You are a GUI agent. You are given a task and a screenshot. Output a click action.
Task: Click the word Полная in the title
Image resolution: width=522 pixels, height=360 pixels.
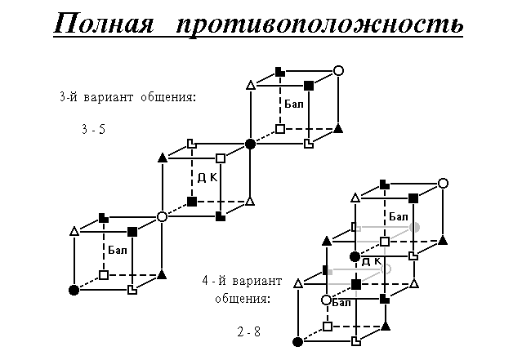point(104,23)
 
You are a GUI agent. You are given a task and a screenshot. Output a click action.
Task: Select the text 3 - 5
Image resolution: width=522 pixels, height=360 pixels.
point(94,129)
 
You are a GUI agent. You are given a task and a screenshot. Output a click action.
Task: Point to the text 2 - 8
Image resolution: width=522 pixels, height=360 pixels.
point(248,331)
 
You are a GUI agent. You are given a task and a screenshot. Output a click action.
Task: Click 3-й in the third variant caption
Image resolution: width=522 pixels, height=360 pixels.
point(69,97)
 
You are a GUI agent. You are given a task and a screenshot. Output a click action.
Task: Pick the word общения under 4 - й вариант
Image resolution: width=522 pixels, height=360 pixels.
point(243,299)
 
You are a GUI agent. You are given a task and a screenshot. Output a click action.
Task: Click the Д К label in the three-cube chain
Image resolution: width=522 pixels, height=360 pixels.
point(207,178)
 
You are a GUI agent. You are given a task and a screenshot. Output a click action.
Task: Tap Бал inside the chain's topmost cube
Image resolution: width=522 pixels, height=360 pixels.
point(294,104)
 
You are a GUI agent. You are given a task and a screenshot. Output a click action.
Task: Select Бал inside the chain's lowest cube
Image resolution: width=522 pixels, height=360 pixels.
point(118,250)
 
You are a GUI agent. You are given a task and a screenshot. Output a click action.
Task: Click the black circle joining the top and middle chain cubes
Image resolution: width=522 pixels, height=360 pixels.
point(250,144)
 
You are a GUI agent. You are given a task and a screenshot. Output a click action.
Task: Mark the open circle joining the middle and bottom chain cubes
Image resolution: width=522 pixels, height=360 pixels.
point(162,217)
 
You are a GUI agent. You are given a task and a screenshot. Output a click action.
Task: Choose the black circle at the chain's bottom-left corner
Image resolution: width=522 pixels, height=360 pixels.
point(74,290)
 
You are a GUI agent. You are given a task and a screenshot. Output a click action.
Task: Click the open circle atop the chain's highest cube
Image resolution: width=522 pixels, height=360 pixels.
point(338,71)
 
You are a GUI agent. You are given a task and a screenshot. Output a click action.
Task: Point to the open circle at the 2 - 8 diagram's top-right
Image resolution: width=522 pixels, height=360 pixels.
point(443,184)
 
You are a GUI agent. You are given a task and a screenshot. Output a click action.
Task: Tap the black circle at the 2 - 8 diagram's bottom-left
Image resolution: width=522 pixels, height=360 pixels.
point(297,341)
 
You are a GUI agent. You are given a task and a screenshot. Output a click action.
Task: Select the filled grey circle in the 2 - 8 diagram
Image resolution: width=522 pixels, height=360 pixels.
point(415,228)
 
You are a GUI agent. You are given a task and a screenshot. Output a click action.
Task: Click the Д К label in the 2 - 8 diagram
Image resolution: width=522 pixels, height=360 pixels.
point(371,261)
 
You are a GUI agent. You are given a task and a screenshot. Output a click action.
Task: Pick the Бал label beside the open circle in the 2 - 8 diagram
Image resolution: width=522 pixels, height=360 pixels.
point(341,303)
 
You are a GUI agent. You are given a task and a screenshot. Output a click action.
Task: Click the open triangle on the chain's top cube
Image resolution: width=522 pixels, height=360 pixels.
point(251,85)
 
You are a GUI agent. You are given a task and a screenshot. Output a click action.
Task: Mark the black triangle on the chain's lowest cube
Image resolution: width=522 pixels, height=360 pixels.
point(162,275)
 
